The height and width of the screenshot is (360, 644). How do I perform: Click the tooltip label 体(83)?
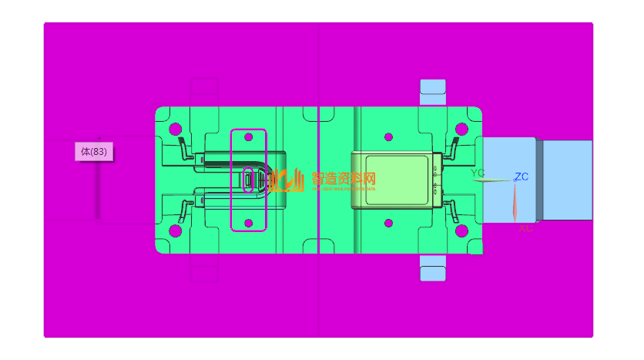93,152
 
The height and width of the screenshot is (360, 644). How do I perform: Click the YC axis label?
478,173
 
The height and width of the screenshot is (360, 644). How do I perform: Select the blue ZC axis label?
522,177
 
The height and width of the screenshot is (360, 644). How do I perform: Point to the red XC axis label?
525,228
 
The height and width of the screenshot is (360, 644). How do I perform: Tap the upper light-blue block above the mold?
432,91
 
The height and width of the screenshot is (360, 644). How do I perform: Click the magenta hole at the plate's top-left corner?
175,129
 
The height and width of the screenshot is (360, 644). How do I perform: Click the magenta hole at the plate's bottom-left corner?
175,230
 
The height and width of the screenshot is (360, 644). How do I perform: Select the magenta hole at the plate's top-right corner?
461,129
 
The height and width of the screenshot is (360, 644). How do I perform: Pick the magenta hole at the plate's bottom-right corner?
461,230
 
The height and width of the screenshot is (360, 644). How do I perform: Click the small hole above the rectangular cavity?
388,136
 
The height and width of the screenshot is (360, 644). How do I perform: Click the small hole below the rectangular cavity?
388,223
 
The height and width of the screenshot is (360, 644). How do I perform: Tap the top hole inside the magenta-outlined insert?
248,136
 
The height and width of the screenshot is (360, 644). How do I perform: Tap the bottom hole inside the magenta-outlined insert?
248,223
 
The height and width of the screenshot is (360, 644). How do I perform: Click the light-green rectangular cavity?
396,180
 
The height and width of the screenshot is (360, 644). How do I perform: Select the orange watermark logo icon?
287,180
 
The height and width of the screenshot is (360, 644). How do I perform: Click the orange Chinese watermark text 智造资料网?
344,178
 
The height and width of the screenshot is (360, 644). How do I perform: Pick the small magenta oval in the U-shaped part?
249,180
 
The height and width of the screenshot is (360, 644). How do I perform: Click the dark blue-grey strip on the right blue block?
539,179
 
